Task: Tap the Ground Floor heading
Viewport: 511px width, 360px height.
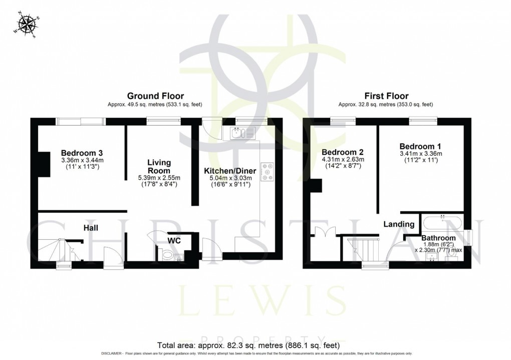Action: coord(155,96)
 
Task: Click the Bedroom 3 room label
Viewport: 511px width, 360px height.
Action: coord(82,153)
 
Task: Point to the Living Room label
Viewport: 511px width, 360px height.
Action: coord(159,166)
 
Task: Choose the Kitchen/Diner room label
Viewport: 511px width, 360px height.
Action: coord(230,171)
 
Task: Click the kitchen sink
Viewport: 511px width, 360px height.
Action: coord(243,133)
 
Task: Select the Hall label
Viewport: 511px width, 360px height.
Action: coord(91,228)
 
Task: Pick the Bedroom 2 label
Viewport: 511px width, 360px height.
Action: coord(342,152)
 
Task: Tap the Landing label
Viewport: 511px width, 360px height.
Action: coord(399,224)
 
